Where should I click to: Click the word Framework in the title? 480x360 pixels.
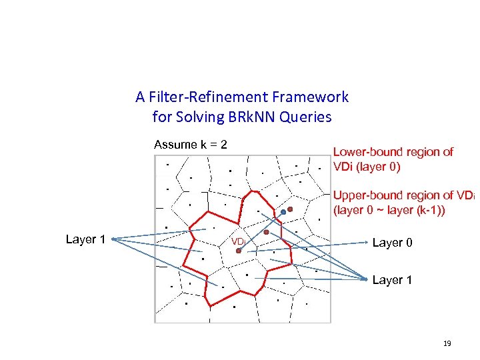(x=313, y=97)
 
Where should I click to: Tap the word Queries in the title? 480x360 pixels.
(x=309, y=117)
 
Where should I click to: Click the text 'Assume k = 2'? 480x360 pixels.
(x=191, y=145)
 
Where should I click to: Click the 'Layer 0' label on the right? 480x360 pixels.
(x=392, y=243)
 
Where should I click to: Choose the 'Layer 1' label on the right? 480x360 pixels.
(x=392, y=280)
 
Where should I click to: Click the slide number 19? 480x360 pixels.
(x=447, y=343)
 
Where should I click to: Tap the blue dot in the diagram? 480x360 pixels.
(x=283, y=213)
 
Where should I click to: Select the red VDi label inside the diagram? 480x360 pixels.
(x=237, y=241)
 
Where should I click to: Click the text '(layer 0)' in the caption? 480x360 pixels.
(x=379, y=167)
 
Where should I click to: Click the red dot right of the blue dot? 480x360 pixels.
(x=291, y=209)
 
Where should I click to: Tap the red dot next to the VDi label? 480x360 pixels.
(x=239, y=251)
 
